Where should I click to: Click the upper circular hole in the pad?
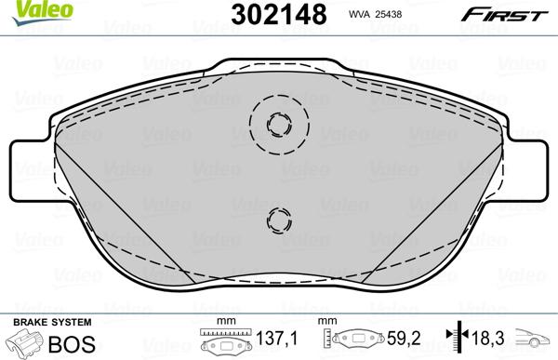(x=276, y=124)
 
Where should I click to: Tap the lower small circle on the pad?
(x=278, y=220)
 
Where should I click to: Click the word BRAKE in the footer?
(x=29, y=321)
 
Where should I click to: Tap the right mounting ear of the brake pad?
(x=528, y=172)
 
